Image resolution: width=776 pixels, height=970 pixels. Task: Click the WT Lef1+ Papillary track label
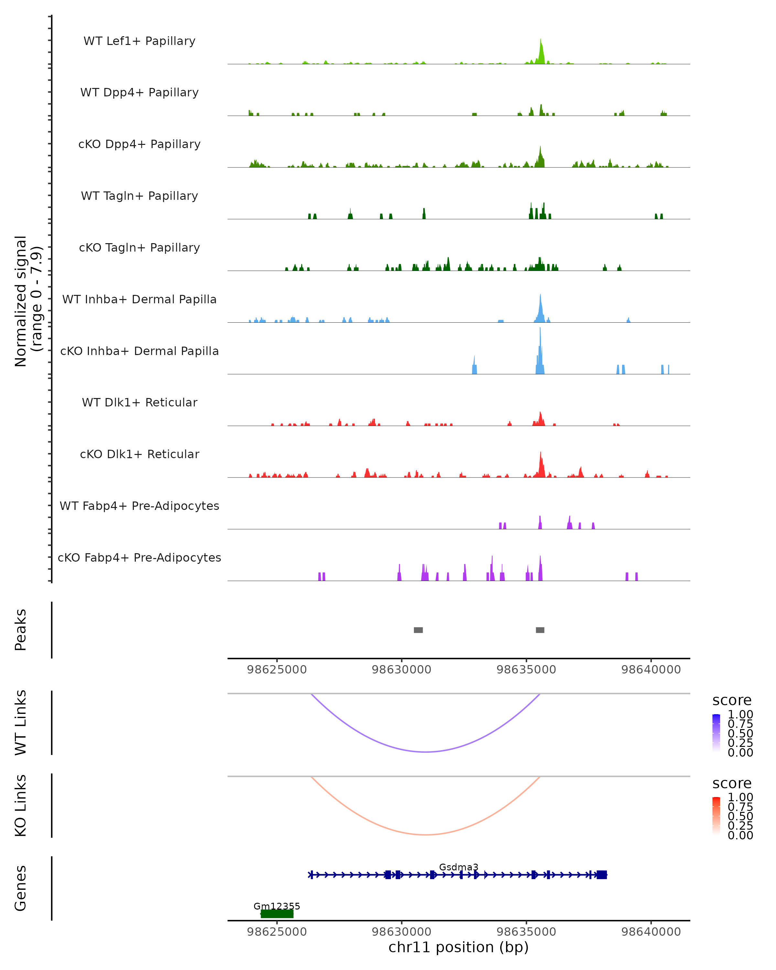(139, 41)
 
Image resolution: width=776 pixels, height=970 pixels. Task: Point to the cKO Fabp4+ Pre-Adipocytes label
(139, 557)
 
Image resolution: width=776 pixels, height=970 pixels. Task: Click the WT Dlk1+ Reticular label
(139, 402)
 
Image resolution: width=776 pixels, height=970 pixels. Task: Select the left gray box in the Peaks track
(418, 630)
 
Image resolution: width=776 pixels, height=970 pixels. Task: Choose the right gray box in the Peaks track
(540, 630)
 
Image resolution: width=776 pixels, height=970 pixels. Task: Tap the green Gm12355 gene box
(277, 914)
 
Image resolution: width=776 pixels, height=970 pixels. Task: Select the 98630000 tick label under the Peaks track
(401, 670)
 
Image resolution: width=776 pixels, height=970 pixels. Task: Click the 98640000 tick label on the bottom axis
(651, 932)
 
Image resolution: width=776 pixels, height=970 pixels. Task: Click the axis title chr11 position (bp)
(458, 947)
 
